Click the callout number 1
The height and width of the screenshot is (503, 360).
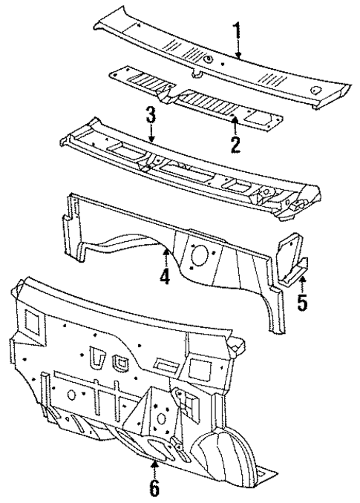tap(237, 33)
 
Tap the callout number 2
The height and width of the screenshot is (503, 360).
tap(235, 143)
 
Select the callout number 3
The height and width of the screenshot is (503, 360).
tap(151, 116)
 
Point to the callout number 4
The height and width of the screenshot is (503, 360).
tap(164, 277)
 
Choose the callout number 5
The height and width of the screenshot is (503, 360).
tap(301, 303)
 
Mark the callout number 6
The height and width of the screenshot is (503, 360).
tap(154, 489)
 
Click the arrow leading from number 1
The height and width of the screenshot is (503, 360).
tap(238, 50)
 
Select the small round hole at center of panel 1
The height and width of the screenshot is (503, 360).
tap(209, 59)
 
